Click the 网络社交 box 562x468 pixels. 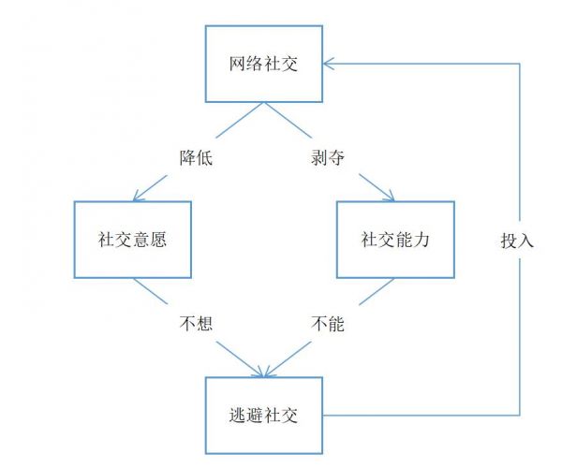pos(264,64)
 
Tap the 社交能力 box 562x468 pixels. pos(395,239)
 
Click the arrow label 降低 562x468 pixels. pos(197,157)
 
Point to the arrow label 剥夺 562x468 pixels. pos(328,157)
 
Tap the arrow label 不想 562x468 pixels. pos(197,325)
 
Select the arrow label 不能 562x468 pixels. pos(328,325)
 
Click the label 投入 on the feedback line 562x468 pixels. pos(517,240)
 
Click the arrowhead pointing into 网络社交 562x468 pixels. pos(328,64)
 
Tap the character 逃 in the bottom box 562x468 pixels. pos(235,416)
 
